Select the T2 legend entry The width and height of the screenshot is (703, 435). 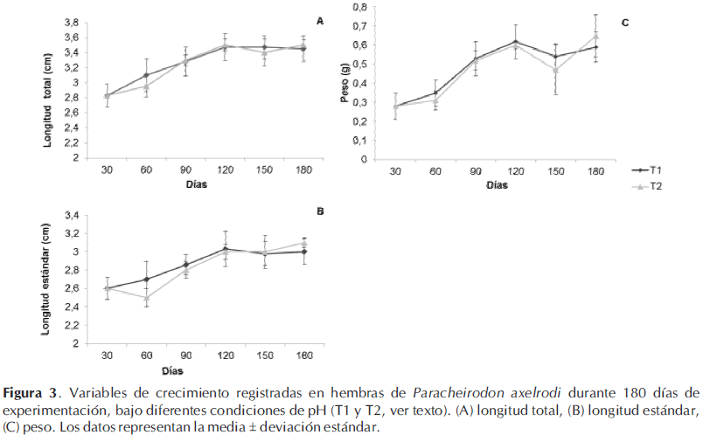pyautogui.click(x=649, y=188)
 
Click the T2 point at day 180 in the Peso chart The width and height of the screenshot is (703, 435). pyautogui.click(x=596, y=37)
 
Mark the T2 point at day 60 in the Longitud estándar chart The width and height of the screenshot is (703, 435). pyautogui.click(x=146, y=298)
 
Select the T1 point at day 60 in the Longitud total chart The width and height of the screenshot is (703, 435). pyautogui.click(x=146, y=75)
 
